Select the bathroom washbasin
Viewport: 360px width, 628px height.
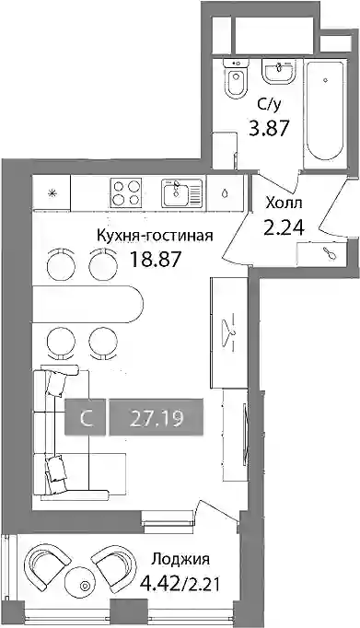click(279, 72)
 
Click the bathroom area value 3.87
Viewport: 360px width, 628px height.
click(269, 129)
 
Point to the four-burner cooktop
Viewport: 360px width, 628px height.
click(126, 192)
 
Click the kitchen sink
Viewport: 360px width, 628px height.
click(182, 193)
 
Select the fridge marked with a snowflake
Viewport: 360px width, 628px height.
click(52, 192)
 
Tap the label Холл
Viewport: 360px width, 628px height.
click(285, 204)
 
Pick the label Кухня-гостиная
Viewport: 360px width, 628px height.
click(155, 236)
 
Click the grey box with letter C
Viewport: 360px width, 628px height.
click(87, 416)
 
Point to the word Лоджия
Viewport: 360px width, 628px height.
click(180, 559)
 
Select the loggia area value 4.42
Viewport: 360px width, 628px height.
click(159, 586)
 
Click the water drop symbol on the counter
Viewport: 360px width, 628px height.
click(225, 193)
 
